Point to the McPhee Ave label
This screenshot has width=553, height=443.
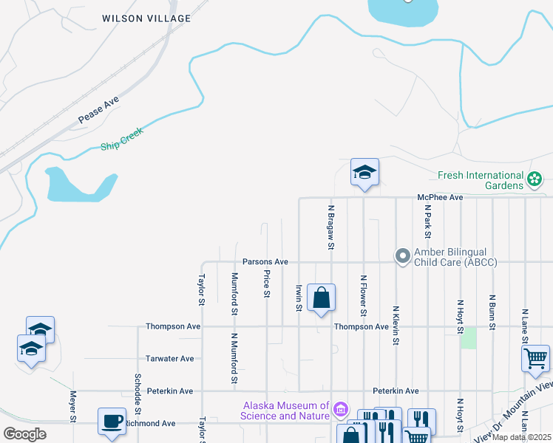pyautogui.click(x=439, y=197)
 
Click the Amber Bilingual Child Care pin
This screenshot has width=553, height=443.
pyautogui.click(x=403, y=256)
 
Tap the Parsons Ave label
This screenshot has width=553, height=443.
pyautogui.click(x=265, y=262)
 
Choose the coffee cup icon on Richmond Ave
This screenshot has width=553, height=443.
pyautogui.click(x=112, y=421)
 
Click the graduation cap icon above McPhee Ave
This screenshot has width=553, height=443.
pyautogui.click(x=364, y=173)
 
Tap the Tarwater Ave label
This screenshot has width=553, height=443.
pyautogui.click(x=169, y=359)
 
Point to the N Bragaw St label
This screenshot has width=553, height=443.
pyautogui.click(x=332, y=227)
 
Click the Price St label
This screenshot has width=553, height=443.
pyautogui.click(x=266, y=284)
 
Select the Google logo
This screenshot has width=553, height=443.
pyautogui.click(x=24, y=434)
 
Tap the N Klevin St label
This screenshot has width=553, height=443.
pyautogui.click(x=396, y=326)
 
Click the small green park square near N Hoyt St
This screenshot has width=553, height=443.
pyautogui.click(x=468, y=337)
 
